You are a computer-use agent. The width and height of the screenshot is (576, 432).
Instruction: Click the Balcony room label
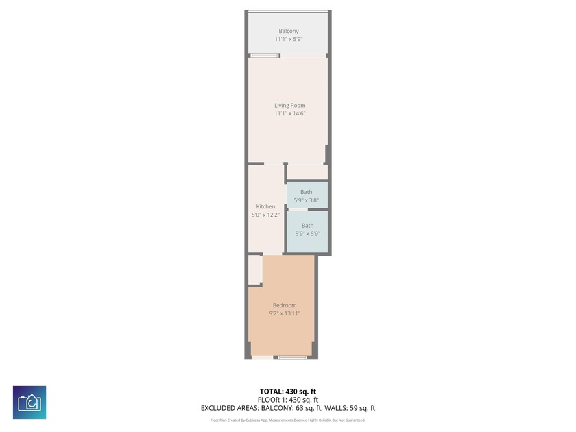288,31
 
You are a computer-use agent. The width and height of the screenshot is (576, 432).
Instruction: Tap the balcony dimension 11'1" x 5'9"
288,39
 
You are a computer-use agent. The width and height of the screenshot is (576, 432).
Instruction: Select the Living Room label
289,105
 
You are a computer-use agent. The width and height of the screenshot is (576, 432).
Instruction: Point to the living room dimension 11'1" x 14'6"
289,113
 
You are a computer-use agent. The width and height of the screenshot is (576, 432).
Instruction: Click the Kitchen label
265,206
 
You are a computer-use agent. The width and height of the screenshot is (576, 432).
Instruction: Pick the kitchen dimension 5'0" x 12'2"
265,215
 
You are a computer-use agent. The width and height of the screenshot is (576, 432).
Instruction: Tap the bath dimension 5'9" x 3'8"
307,200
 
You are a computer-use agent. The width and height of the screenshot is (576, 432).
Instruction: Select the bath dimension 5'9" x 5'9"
307,233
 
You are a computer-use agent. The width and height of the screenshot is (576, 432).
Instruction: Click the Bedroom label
285,305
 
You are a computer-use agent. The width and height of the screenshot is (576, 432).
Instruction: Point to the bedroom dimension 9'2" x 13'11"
285,313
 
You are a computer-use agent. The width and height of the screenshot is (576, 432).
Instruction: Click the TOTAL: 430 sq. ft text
287,391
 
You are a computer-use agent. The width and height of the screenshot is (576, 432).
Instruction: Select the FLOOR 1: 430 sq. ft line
287,399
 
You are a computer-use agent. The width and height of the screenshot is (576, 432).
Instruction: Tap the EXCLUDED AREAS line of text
287,408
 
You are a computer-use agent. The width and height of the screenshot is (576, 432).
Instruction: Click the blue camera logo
29,403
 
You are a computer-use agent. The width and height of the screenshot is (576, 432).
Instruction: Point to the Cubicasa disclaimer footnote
287,420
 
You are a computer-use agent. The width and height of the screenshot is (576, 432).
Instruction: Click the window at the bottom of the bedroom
292,357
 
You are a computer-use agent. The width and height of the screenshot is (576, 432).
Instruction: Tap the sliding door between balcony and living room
264,56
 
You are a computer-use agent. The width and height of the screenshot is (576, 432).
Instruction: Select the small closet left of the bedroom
254,269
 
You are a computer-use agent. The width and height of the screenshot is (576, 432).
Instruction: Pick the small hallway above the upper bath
306,171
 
